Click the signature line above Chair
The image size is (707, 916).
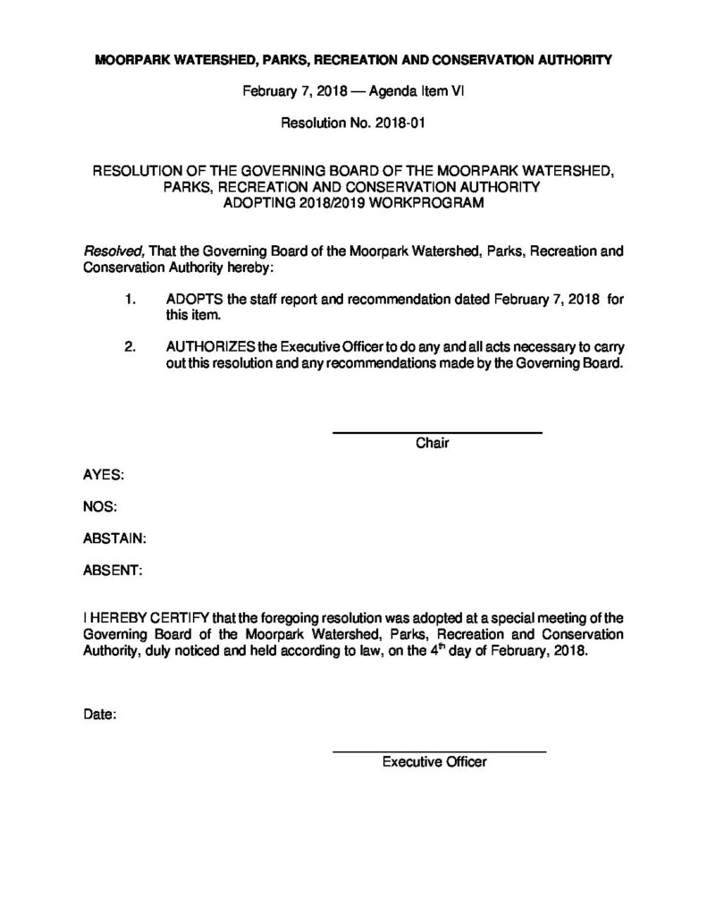click(437, 433)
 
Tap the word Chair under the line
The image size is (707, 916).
click(432, 444)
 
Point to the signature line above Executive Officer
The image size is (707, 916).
click(439, 751)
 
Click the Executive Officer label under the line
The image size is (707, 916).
click(433, 762)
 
